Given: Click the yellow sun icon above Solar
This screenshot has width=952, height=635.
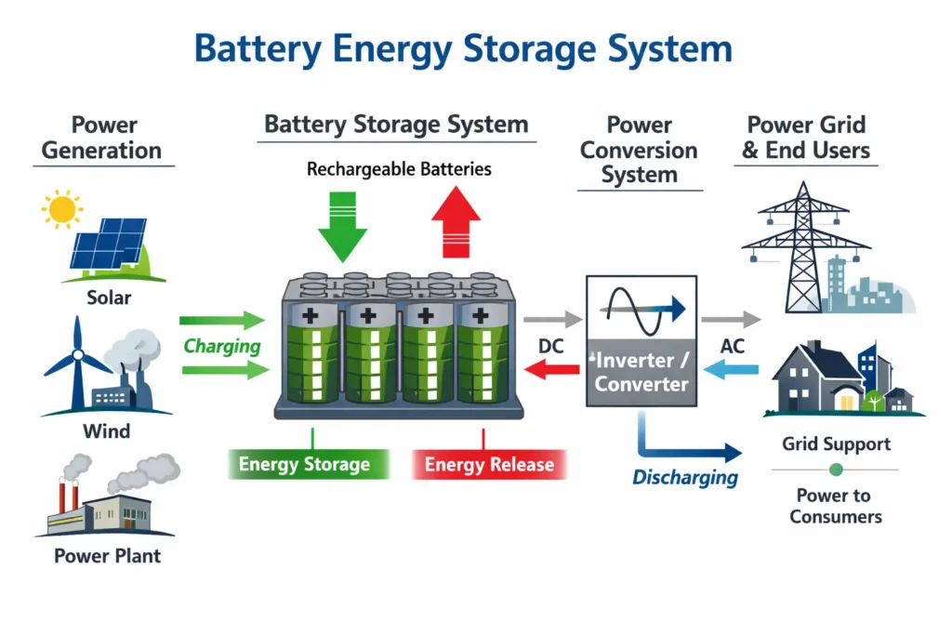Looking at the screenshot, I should [x=62, y=208].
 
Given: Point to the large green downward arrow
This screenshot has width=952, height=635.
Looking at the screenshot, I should [x=343, y=223].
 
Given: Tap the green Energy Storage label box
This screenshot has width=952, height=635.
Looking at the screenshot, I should [x=304, y=465].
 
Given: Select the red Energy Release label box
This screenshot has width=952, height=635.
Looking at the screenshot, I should [x=489, y=465].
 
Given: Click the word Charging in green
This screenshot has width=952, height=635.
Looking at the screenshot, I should [x=221, y=347].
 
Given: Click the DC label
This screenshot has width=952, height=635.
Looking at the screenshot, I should [x=551, y=346].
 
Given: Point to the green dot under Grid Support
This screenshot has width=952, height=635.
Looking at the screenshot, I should [x=835, y=470].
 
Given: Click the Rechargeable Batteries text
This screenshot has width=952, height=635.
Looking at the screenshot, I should [x=399, y=169].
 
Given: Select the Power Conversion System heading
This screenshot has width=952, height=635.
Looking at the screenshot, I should [x=639, y=150].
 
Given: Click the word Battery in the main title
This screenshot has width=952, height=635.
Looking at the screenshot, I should [x=263, y=49].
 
